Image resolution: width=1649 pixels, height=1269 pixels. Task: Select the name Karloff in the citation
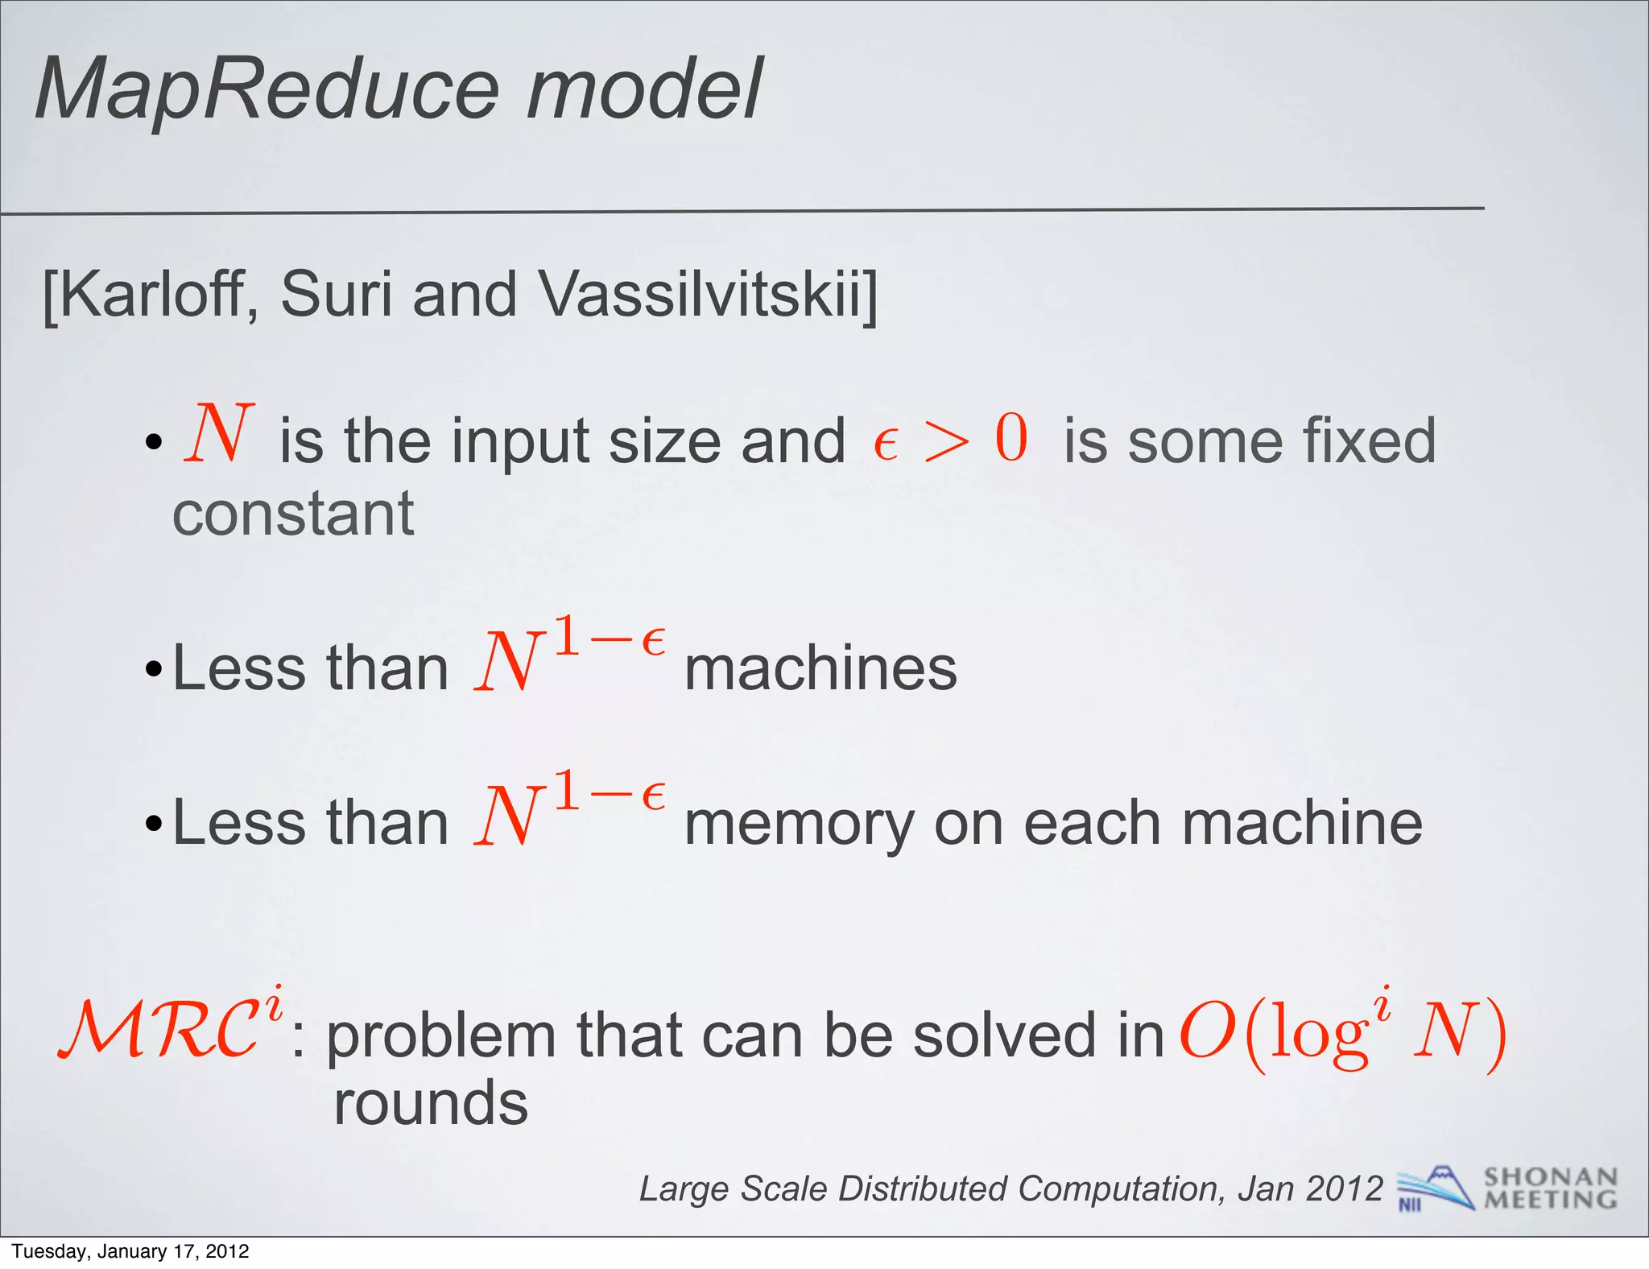(153, 294)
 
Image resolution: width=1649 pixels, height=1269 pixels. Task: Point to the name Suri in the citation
(337, 294)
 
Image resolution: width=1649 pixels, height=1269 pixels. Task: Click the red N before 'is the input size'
(218, 435)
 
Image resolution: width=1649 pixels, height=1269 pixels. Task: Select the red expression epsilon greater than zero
(950, 439)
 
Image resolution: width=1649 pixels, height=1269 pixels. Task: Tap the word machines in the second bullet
(820, 668)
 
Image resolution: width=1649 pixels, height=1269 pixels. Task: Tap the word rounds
(431, 1103)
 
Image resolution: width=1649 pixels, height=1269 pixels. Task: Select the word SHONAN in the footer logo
(1550, 1177)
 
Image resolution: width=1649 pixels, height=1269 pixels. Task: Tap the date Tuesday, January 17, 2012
(130, 1251)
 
